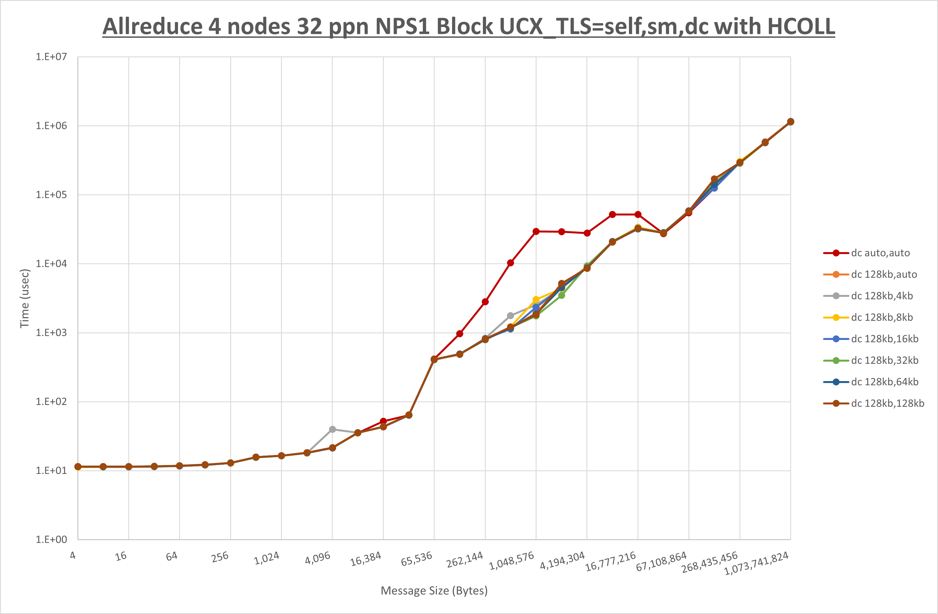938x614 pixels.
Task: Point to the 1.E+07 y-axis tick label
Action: [51, 57]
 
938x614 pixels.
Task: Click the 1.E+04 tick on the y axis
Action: [51, 264]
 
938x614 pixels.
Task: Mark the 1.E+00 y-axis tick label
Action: [51, 540]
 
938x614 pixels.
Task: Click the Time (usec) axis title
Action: [25, 298]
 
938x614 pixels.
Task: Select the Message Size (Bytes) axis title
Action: [434, 591]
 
